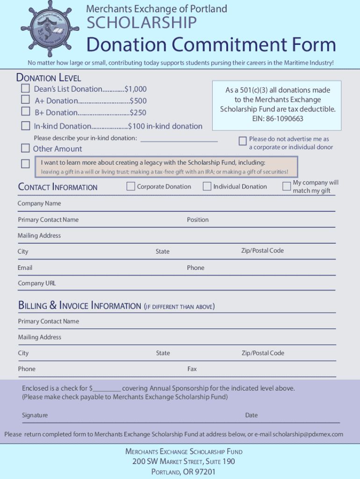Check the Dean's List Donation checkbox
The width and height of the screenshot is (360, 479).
point(25,88)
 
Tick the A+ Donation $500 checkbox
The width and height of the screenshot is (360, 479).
point(25,100)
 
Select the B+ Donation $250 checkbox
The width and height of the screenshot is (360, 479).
point(25,111)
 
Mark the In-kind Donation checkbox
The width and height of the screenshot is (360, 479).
point(25,125)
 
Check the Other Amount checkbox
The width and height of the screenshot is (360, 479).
point(25,148)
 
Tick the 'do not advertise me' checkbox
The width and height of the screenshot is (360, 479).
point(242,141)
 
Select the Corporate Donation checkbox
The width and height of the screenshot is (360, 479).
point(131,186)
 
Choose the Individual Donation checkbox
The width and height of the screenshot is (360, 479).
point(207,186)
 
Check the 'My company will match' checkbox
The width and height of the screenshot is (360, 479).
point(287,186)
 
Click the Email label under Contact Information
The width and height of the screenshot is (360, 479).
point(25,268)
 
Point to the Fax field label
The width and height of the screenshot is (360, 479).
point(192,369)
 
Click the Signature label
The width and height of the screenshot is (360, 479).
point(35,415)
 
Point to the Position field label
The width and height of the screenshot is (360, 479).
point(198,219)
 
